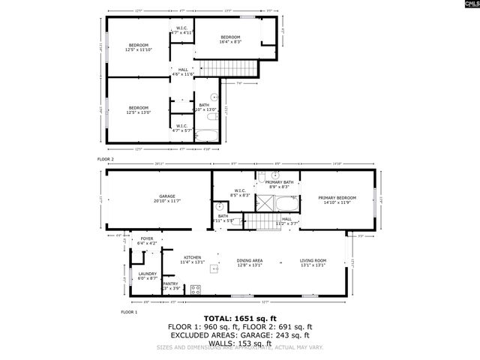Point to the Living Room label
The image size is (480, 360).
[x=315, y=259]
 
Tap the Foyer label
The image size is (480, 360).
[x=147, y=241]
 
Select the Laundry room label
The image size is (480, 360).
[x=148, y=275]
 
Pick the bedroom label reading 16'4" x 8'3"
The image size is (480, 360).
[x=229, y=40]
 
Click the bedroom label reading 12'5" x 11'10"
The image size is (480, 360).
[x=138, y=48]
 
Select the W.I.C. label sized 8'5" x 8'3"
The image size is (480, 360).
[x=240, y=193]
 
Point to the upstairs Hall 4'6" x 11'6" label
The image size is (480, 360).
[x=183, y=72]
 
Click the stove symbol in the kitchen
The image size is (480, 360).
[x=196, y=289]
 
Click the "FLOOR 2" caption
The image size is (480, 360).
[x=106, y=160]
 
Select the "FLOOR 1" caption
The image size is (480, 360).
[x=129, y=311]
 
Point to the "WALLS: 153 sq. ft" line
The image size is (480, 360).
[x=239, y=341]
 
